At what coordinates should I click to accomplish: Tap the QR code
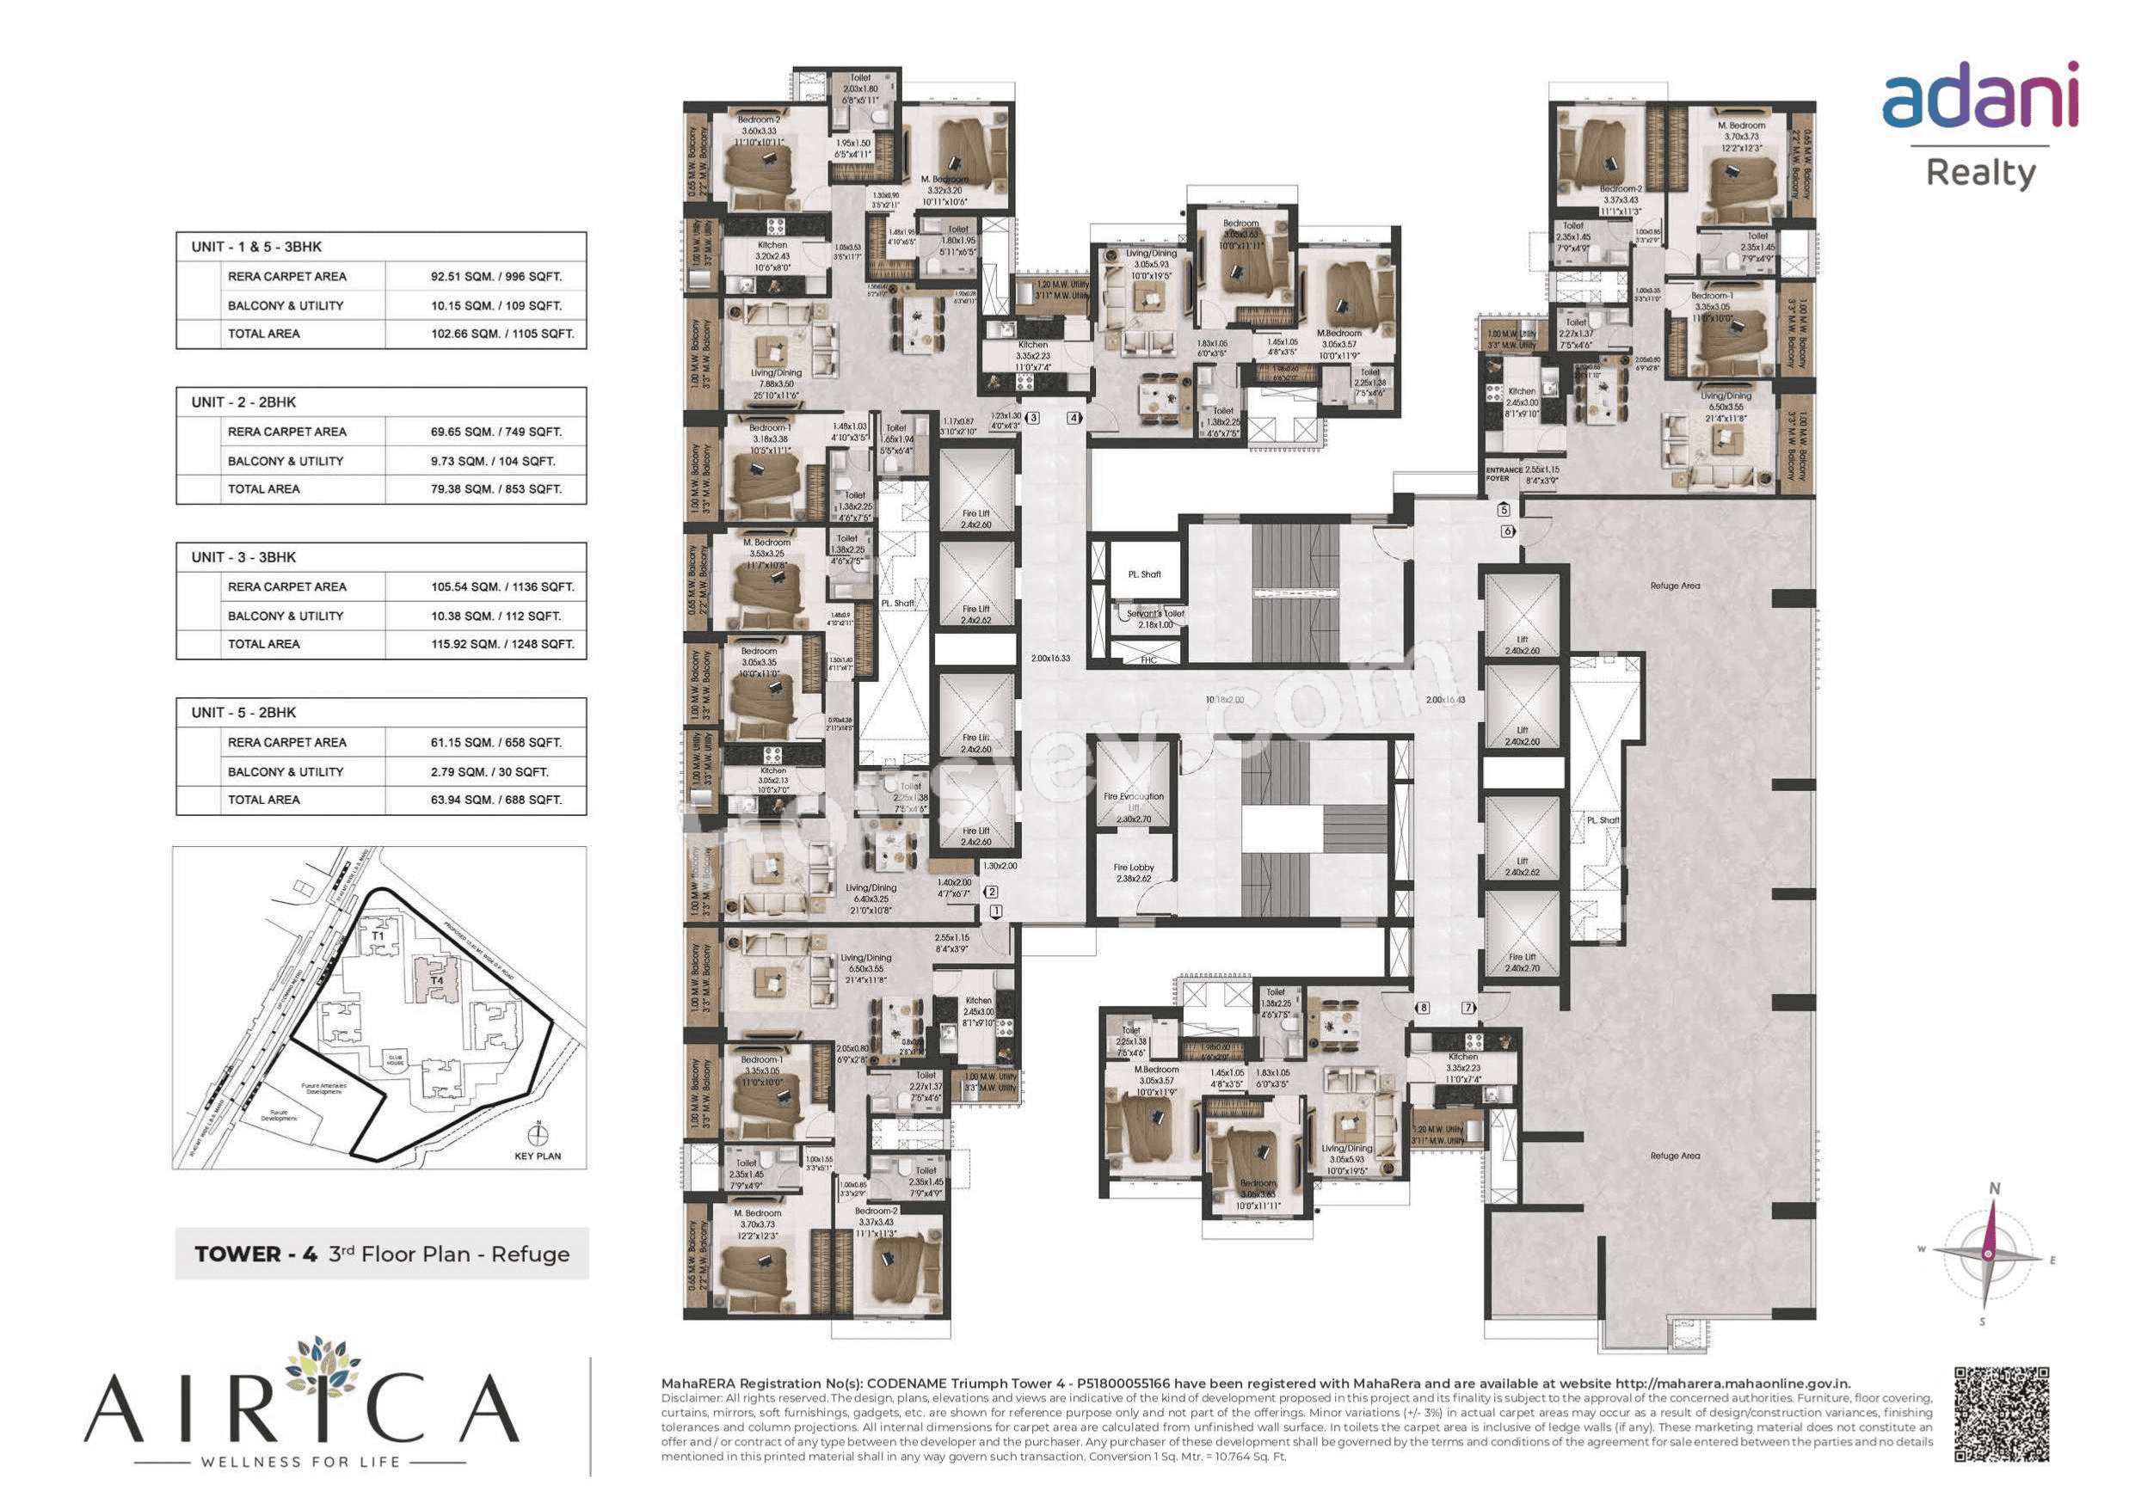click(2001, 1414)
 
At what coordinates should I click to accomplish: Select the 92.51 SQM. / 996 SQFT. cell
click(495, 276)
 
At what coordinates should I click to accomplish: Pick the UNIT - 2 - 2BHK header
click(243, 402)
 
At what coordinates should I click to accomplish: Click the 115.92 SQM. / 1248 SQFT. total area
click(502, 643)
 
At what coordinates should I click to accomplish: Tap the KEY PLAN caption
click(538, 1156)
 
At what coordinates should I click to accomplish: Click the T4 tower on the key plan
click(436, 979)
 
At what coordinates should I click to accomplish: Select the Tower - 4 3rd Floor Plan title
click(381, 1254)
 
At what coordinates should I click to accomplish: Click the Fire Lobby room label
click(1133, 872)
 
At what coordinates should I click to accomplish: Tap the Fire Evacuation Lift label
click(1133, 801)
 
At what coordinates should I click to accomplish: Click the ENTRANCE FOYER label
click(1504, 473)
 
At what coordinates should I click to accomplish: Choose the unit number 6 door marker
click(1507, 531)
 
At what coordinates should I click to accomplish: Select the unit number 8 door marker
click(1422, 1007)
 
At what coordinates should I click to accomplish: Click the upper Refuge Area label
click(1675, 586)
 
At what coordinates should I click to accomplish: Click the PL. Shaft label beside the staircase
click(1144, 574)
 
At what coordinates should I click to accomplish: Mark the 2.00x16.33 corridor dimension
click(1049, 659)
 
